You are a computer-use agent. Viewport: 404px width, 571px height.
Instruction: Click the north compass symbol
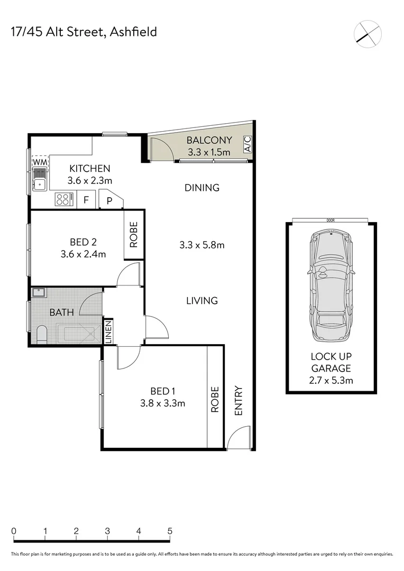pos(368,33)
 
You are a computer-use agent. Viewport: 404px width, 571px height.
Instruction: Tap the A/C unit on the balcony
pos(247,144)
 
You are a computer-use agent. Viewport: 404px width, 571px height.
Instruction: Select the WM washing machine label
pos(40,161)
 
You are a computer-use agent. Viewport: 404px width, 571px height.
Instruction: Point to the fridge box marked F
pos(86,200)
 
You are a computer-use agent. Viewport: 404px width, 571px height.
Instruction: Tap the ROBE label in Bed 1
pos(215,399)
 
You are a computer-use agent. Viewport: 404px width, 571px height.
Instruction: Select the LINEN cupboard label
pos(108,332)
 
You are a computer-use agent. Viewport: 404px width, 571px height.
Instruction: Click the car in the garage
pos(332,285)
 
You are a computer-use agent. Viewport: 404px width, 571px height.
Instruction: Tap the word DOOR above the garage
pos(331,220)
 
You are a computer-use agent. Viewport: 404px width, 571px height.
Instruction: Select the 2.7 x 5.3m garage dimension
pos(332,380)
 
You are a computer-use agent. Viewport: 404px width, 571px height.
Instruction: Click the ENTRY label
pos(238,400)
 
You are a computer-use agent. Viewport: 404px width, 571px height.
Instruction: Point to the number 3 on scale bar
pos(107,531)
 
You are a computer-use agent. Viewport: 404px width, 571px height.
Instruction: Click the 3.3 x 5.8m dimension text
pos(202,245)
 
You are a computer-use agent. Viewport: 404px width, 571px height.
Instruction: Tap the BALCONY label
pos(209,141)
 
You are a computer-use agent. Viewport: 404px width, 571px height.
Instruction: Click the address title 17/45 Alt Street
pos(84,32)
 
